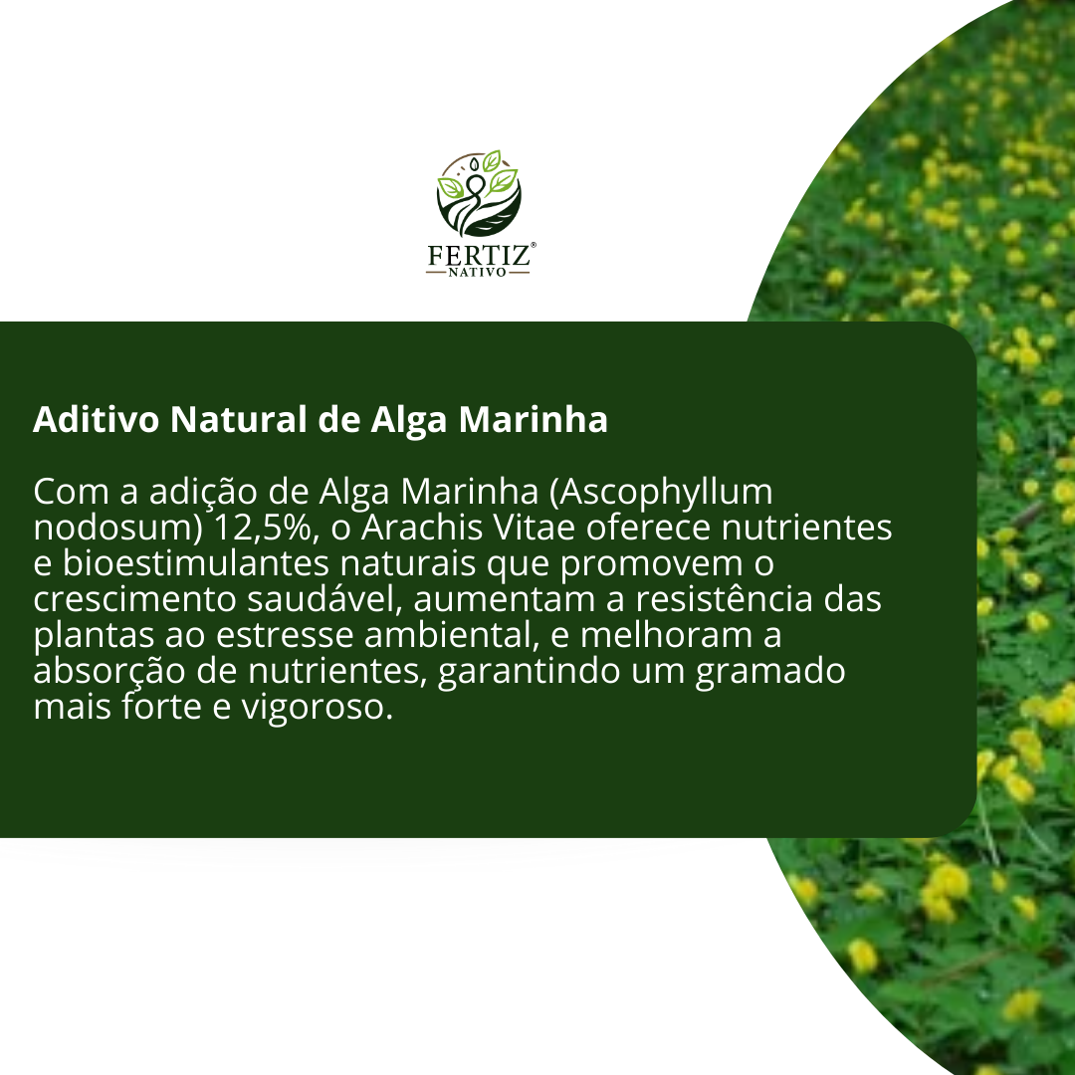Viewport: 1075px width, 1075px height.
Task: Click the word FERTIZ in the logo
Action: pyautogui.click(x=479, y=256)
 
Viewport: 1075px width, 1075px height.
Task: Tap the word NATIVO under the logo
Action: pyautogui.click(x=477, y=272)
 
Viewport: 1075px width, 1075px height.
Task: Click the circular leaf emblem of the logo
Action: pyautogui.click(x=479, y=193)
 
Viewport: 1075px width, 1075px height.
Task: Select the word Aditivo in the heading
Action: pyautogui.click(x=96, y=419)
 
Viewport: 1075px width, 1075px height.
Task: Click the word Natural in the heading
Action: pyautogui.click(x=239, y=419)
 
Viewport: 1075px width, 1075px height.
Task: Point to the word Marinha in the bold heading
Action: pyautogui.click(x=533, y=420)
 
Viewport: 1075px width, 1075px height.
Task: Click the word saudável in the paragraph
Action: pyautogui.click(x=323, y=598)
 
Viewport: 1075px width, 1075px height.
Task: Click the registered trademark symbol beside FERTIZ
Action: pyautogui.click(x=534, y=244)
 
